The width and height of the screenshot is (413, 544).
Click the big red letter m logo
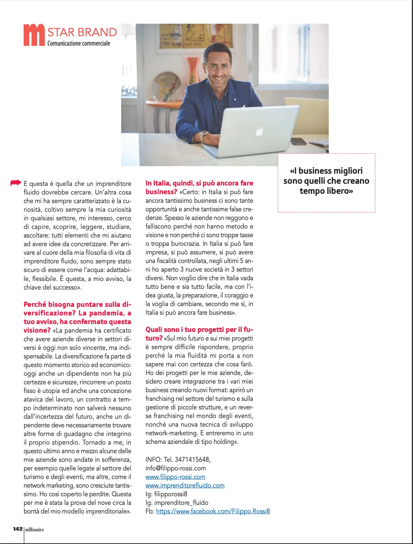point(34,35)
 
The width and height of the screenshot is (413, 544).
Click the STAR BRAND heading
point(82,32)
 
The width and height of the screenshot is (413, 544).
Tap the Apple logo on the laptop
point(259,132)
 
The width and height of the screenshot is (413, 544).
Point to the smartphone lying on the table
point(298,141)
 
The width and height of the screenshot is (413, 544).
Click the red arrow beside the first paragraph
point(16,183)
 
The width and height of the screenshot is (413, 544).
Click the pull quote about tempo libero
point(326,181)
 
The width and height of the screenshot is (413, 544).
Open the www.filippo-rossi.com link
point(175,477)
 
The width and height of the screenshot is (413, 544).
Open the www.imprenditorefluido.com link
point(185,486)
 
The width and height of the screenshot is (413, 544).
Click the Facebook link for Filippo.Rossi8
point(213,511)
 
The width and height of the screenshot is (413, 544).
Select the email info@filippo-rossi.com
point(176,468)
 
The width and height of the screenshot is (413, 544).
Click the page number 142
point(18,529)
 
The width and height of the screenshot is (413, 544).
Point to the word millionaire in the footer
point(35,530)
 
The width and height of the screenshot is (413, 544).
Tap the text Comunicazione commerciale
point(79,43)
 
